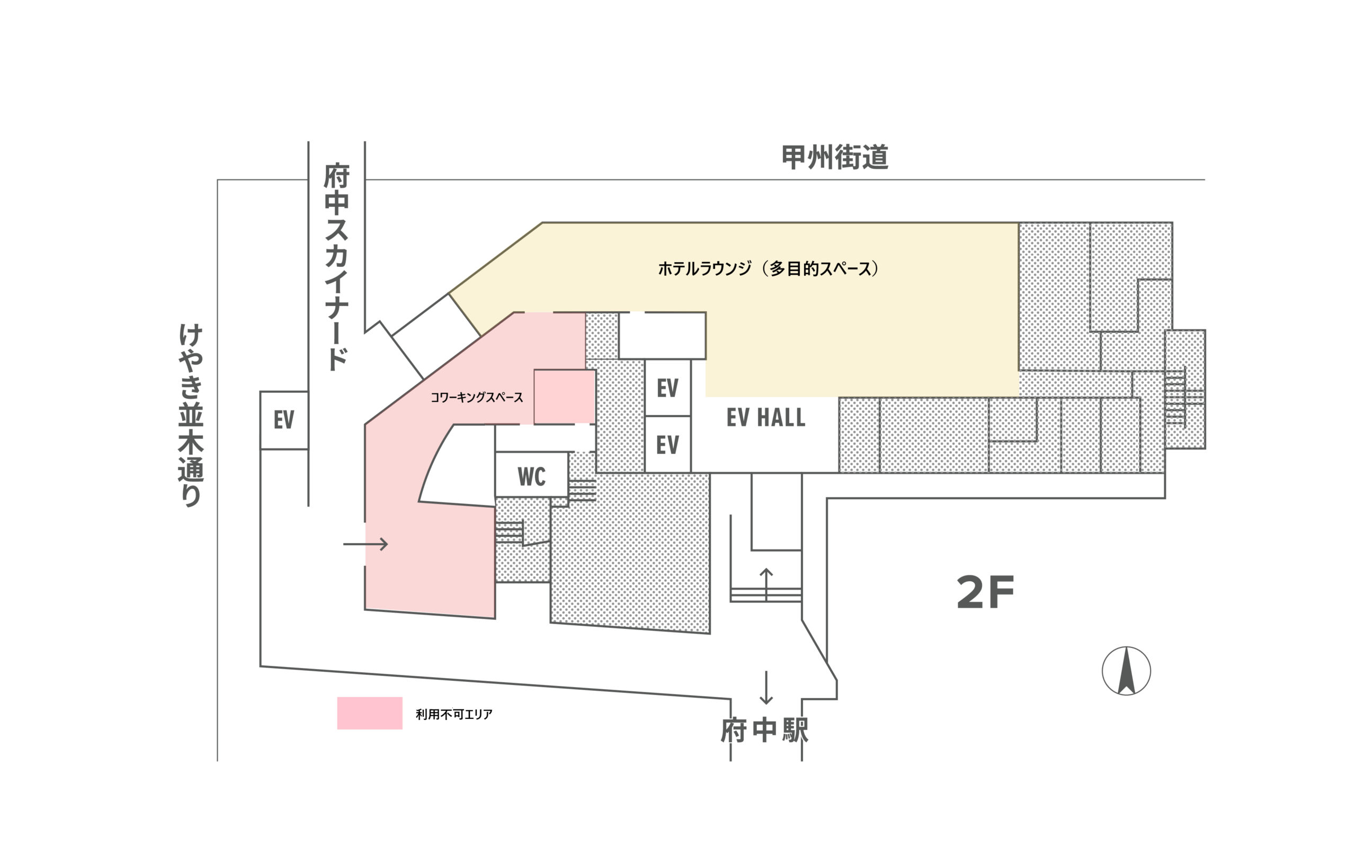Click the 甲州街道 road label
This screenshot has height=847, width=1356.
(835, 157)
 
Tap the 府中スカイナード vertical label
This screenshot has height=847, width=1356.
(336, 267)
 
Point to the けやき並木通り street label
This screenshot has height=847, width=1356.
(191, 415)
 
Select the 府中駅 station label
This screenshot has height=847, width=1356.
(765, 731)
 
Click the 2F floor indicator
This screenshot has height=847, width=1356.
(985, 593)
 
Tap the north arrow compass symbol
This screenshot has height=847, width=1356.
(1126, 671)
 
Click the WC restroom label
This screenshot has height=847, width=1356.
(531, 477)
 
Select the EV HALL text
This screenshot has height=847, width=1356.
(766, 417)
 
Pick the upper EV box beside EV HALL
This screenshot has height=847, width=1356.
(667, 388)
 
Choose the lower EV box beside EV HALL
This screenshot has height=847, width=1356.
(667, 445)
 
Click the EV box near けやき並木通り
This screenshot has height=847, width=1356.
(284, 420)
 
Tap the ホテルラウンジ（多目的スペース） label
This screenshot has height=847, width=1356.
(768, 269)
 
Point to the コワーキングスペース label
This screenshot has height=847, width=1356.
(477, 397)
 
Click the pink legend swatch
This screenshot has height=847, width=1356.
(370, 713)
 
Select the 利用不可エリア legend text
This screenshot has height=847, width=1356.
(454, 714)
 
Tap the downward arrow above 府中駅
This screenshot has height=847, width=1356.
(766, 687)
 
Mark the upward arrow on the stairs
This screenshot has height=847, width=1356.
(766, 585)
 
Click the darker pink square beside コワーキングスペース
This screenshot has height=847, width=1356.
(564, 397)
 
